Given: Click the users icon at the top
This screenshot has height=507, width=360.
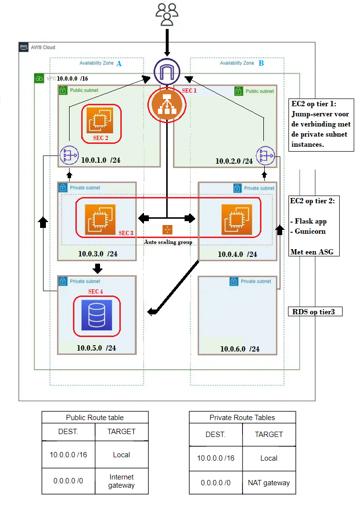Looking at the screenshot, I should click(x=167, y=14).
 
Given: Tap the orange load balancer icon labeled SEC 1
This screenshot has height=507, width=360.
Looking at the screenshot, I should click(x=167, y=105).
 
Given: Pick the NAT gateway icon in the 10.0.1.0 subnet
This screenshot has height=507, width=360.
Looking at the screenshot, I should click(x=69, y=155).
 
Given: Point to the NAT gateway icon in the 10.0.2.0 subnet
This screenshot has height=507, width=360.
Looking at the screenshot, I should click(x=265, y=155).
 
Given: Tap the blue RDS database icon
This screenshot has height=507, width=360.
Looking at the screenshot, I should click(x=97, y=315).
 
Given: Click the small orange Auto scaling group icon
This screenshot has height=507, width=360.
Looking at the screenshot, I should click(x=167, y=230).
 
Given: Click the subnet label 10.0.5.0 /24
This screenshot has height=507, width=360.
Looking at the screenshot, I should click(x=96, y=348).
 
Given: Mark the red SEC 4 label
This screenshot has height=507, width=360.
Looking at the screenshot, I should click(x=95, y=292).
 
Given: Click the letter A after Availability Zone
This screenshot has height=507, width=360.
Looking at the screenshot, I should click(x=119, y=63).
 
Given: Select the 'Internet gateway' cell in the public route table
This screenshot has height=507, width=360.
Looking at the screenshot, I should click(x=121, y=481).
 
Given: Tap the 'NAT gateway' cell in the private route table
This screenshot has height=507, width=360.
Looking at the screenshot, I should click(x=269, y=482).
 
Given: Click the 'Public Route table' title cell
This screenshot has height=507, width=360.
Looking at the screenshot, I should click(x=95, y=417).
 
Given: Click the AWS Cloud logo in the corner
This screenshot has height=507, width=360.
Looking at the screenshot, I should click(x=24, y=47).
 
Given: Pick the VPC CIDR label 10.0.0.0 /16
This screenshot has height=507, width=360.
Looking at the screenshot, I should click(x=72, y=78).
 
